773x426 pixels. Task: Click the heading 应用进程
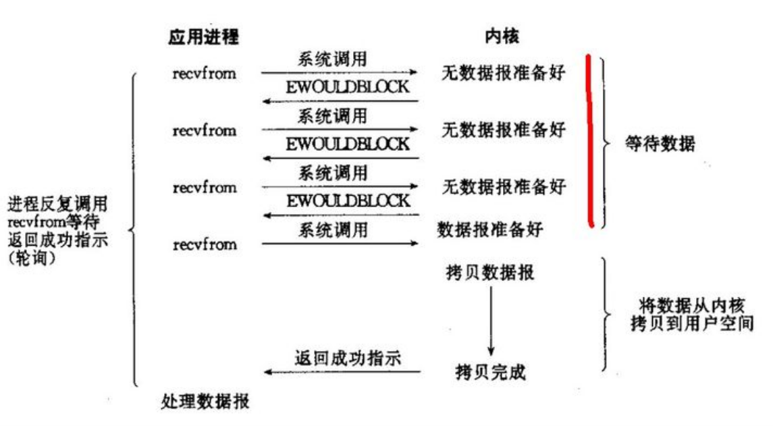[x=203, y=38]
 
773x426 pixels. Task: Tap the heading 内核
[x=502, y=38]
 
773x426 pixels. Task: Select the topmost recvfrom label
[x=205, y=73]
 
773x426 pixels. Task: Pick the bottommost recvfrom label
[x=205, y=244]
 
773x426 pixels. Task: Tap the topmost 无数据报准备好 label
[x=503, y=72]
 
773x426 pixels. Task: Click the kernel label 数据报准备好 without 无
[x=489, y=230]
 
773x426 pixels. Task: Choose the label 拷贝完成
[x=490, y=372]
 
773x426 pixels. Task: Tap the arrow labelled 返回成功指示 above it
[x=342, y=372]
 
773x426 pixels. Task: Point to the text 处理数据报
[x=205, y=402]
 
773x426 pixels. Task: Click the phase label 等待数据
[x=660, y=144]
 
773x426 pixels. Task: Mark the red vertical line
[x=590, y=142]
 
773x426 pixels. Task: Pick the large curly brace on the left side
[x=133, y=230]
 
